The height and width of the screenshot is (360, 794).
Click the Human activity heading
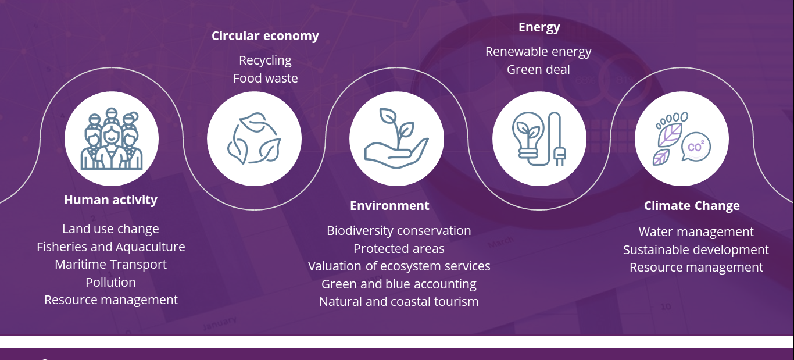click(x=110, y=200)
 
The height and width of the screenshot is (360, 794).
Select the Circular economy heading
click(x=265, y=36)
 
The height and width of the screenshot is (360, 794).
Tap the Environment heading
click(x=389, y=206)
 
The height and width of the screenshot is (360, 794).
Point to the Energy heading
click(x=539, y=27)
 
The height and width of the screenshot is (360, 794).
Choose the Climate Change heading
click(x=692, y=206)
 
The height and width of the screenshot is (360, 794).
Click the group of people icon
click(x=111, y=139)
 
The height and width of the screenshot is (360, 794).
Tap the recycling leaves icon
click(x=254, y=139)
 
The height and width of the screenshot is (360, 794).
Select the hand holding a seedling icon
click(x=396, y=139)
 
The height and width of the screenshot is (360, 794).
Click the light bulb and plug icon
click(x=539, y=139)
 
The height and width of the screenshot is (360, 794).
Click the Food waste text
click(x=265, y=79)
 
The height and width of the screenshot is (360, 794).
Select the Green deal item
click(x=538, y=70)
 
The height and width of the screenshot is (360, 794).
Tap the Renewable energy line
click(x=538, y=52)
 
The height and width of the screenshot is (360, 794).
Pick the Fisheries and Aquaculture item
click(x=110, y=247)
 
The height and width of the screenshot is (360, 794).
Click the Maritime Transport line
click(x=110, y=265)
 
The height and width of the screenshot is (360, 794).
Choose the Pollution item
click(x=110, y=283)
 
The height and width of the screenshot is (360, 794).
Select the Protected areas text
click(x=399, y=249)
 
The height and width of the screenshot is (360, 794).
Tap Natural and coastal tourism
click(x=399, y=302)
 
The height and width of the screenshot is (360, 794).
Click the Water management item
click(x=696, y=232)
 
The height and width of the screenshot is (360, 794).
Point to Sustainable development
click(x=696, y=250)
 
